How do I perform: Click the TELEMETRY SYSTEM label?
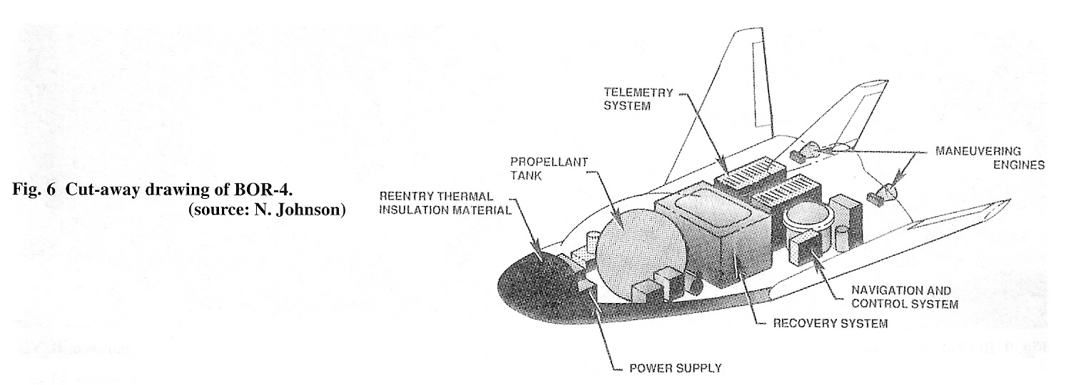(638, 98)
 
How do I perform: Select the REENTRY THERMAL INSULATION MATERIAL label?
(445, 202)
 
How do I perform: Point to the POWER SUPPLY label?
(675, 368)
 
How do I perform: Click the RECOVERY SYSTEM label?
(831, 323)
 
